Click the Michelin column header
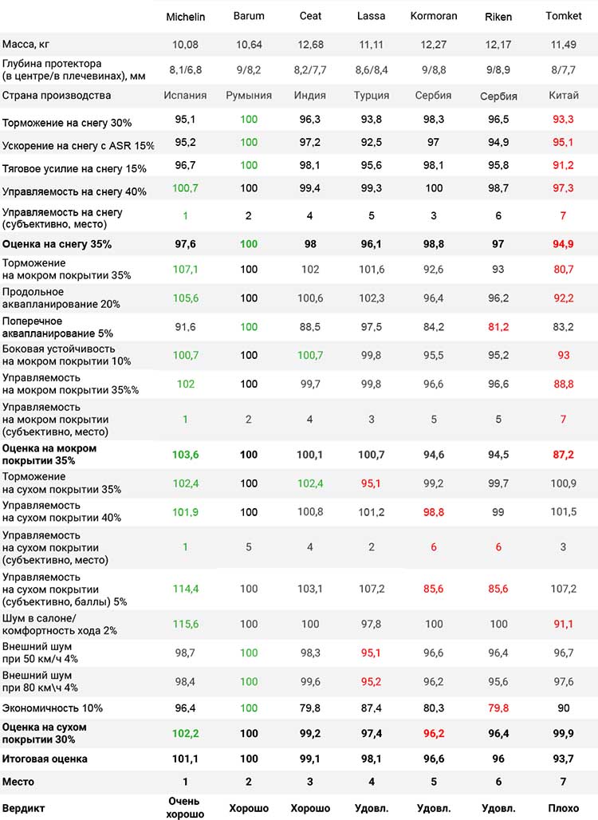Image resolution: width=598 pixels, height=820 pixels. pyautogui.click(x=186, y=17)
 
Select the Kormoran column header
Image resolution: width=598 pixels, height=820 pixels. pyautogui.click(x=433, y=16)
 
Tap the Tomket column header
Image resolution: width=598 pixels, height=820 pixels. pyautogui.click(x=563, y=16)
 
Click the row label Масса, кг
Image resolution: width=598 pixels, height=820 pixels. pyautogui.click(x=26, y=45)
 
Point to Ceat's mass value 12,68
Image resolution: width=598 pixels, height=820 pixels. pyautogui.click(x=310, y=45)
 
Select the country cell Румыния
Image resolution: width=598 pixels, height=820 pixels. pyautogui.click(x=249, y=96)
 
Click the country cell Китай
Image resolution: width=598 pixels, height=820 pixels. pyautogui.click(x=564, y=96)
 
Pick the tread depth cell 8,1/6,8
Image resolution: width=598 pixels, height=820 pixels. pyautogui.click(x=186, y=70)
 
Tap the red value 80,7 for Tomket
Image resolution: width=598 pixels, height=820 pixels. pyautogui.click(x=564, y=270)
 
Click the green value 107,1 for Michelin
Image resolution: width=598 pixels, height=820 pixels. pyautogui.click(x=186, y=270)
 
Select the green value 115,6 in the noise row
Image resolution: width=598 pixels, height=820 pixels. pyautogui.click(x=186, y=625)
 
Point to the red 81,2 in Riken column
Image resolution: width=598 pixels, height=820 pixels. pyautogui.click(x=498, y=327)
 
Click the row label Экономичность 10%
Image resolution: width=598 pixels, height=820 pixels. pyautogui.click(x=53, y=708)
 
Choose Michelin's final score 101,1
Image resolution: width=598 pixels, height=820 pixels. pyautogui.click(x=185, y=759)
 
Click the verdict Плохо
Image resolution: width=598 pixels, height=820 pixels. pyautogui.click(x=564, y=809)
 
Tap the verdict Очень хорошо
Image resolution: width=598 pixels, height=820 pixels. pyautogui.click(x=185, y=808)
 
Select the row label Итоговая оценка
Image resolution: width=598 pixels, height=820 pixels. pyautogui.click(x=45, y=759)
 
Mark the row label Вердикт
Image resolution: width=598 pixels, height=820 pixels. pyautogui.click(x=24, y=809)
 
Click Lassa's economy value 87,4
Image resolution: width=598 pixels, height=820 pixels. pyautogui.click(x=371, y=708)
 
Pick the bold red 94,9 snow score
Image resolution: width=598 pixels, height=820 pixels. pyautogui.click(x=564, y=244)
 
